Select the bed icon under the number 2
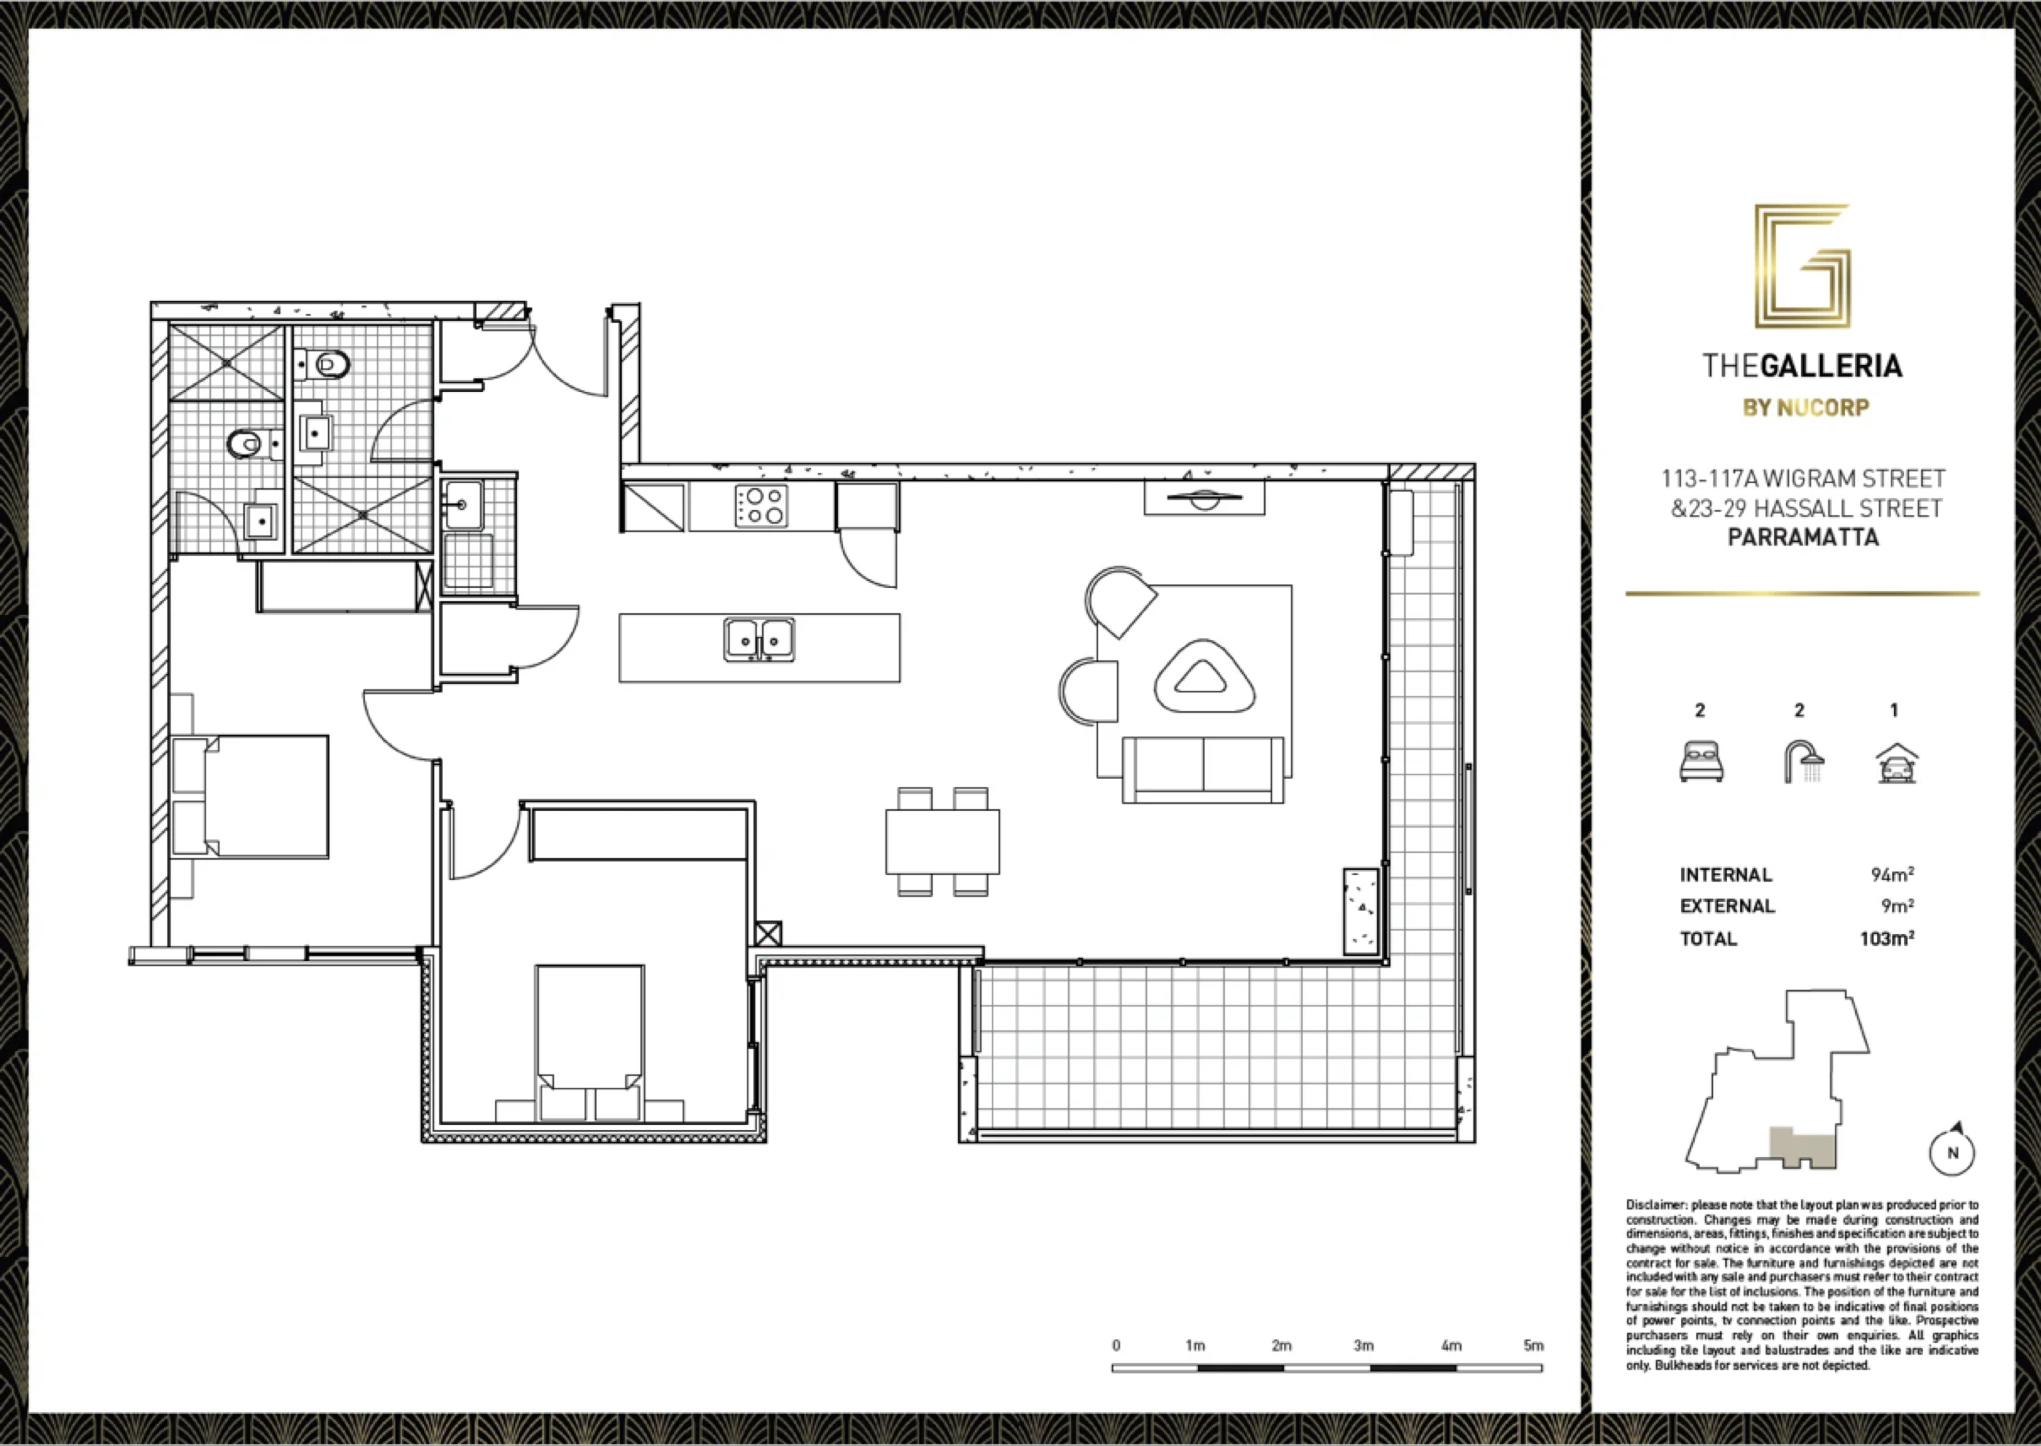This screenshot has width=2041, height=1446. [x=1701, y=763]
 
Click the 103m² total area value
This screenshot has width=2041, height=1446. [x=1887, y=938]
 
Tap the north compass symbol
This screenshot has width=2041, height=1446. [x=1953, y=1150]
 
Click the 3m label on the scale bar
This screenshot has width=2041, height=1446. [x=1363, y=1346]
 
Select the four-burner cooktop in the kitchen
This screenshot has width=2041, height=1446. [x=761, y=505]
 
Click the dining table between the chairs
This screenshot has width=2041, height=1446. [x=942, y=842]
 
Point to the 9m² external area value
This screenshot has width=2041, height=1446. [x=1897, y=905]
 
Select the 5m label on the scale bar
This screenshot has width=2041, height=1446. [x=1533, y=1346]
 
